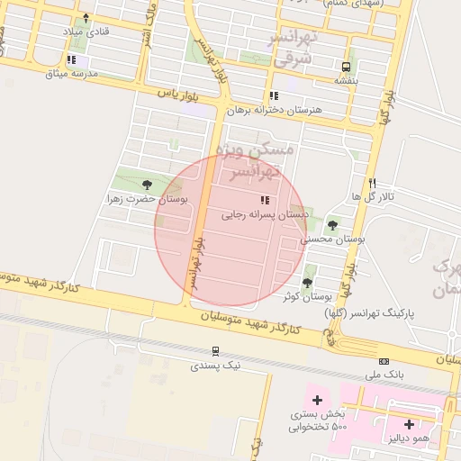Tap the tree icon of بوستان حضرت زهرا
point(147,185)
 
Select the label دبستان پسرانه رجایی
point(266,214)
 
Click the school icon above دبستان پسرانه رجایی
point(265,200)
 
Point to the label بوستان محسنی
point(335,239)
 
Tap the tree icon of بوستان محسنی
point(333,225)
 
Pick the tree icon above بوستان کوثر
point(307,283)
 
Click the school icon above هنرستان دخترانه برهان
point(273,95)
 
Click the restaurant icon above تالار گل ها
point(372,182)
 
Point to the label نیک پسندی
point(216,366)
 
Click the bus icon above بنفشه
point(346,67)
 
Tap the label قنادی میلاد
point(85,32)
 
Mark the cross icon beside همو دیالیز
point(409,423)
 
